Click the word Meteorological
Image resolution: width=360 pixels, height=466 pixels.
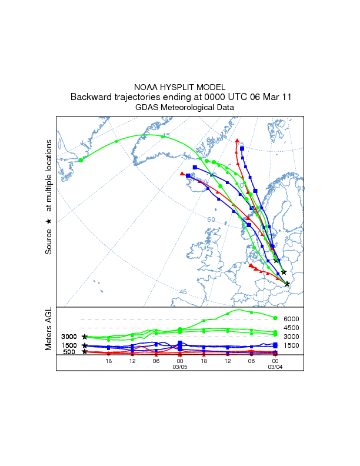(x=189, y=108)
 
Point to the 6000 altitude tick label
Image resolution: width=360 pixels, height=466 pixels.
(x=292, y=319)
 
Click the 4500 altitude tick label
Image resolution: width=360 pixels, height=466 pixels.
(x=292, y=328)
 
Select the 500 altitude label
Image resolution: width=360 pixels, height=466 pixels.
(x=69, y=352)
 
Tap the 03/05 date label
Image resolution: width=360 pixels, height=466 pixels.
(x=179, y=366)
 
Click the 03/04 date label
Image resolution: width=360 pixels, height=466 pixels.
(x=275, y=366)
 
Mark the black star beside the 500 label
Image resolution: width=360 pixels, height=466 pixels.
(x=85, y=352)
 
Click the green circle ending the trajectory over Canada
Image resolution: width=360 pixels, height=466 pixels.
(x=81, y=160)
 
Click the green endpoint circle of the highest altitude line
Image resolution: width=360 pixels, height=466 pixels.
(x=275, y=318)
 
